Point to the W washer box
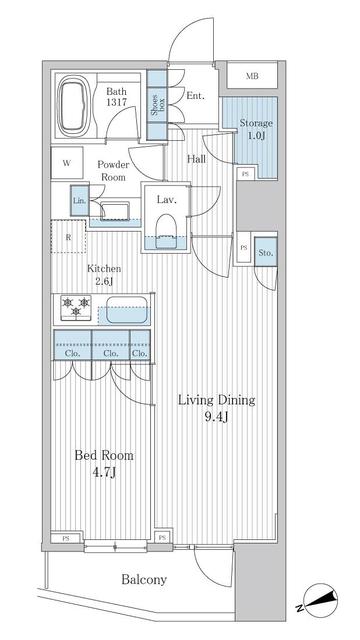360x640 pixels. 66,162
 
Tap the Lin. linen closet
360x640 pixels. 79,201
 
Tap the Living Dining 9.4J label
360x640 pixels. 216,408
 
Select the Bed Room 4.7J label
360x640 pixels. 104,463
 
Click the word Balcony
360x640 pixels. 144,580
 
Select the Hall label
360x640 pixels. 198,158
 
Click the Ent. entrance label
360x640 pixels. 195,96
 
